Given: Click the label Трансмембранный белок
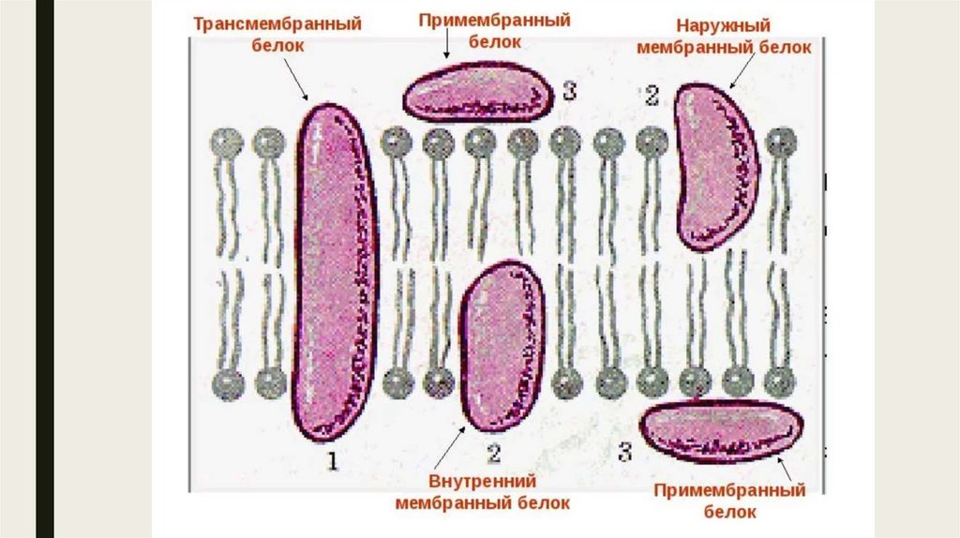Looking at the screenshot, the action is [x=277, y=34].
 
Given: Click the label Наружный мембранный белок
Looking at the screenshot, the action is [x=723, y=37].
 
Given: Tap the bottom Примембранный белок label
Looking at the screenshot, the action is [x=729, y=501].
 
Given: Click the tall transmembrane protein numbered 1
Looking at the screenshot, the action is [x=336, y=272].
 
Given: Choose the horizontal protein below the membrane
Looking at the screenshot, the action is [x=720, y=430].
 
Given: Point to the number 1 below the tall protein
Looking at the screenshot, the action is [x=331, y=459].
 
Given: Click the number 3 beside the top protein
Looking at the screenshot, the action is [x=569, y=90].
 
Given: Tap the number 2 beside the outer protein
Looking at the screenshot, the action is [x=652, y=94].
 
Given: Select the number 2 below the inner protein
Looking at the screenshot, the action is [x=494, y=455].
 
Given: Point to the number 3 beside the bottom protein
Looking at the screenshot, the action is [x=624, y=452].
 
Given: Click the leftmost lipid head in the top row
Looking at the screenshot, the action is [x=225, y=142].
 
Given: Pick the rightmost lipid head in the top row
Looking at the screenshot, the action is [x=780, y=142].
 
